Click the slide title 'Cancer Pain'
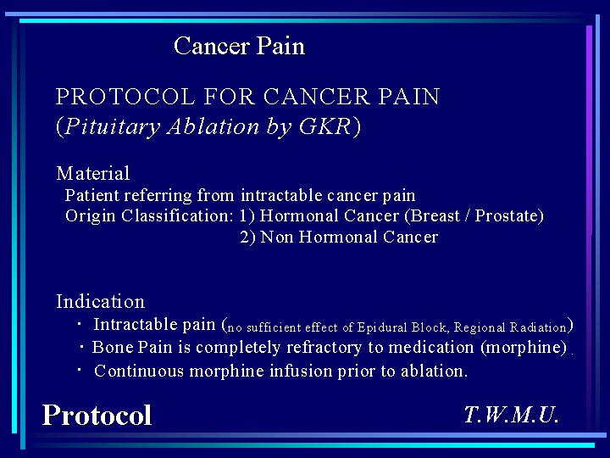(x=239, y=46)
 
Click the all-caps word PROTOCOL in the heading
(x=125, y=96)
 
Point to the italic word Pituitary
(x=113, y=127)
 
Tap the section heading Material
(x=93, y=173)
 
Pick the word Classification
(x=177, y=215)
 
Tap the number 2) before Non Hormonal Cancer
(x=247, y=237)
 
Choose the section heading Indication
(x=100, y=301)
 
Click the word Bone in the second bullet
(x=113, y=347)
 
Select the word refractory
(x=324, y=348)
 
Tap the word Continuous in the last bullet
(x=139, y=371)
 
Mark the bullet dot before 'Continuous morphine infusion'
(x=80, y=368)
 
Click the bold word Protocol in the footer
(x=97, y=415)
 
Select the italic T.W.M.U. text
(x=512, y=415)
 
